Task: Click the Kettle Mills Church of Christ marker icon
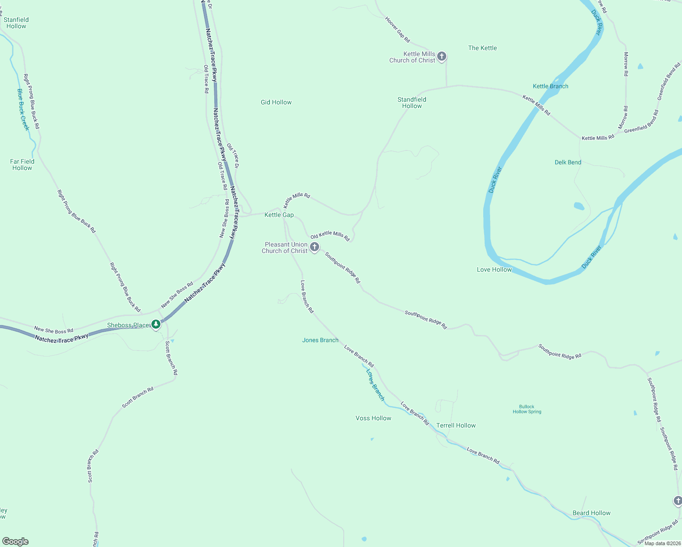point(441,57)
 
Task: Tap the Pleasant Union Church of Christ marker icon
point(314,247)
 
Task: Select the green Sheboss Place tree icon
point(156,324)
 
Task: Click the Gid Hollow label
point(276,102)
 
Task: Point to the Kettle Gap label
point(279,215)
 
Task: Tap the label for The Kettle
point(482,48)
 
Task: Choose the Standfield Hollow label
point(412,103)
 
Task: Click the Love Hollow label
point(494,269)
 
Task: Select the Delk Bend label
point(568,162)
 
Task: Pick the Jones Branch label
point(320,340)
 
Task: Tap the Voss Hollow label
point(373,418)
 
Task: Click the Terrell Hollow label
point(455,425)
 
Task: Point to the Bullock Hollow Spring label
point(527,409)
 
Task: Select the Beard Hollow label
point(591,513)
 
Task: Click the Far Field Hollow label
point(22,165)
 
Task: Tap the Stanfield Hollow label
point(16,23)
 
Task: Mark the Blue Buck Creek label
point(23,109)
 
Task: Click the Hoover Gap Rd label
point(398,30)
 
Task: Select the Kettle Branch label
point(550,86)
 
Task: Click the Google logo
point(15,541)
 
